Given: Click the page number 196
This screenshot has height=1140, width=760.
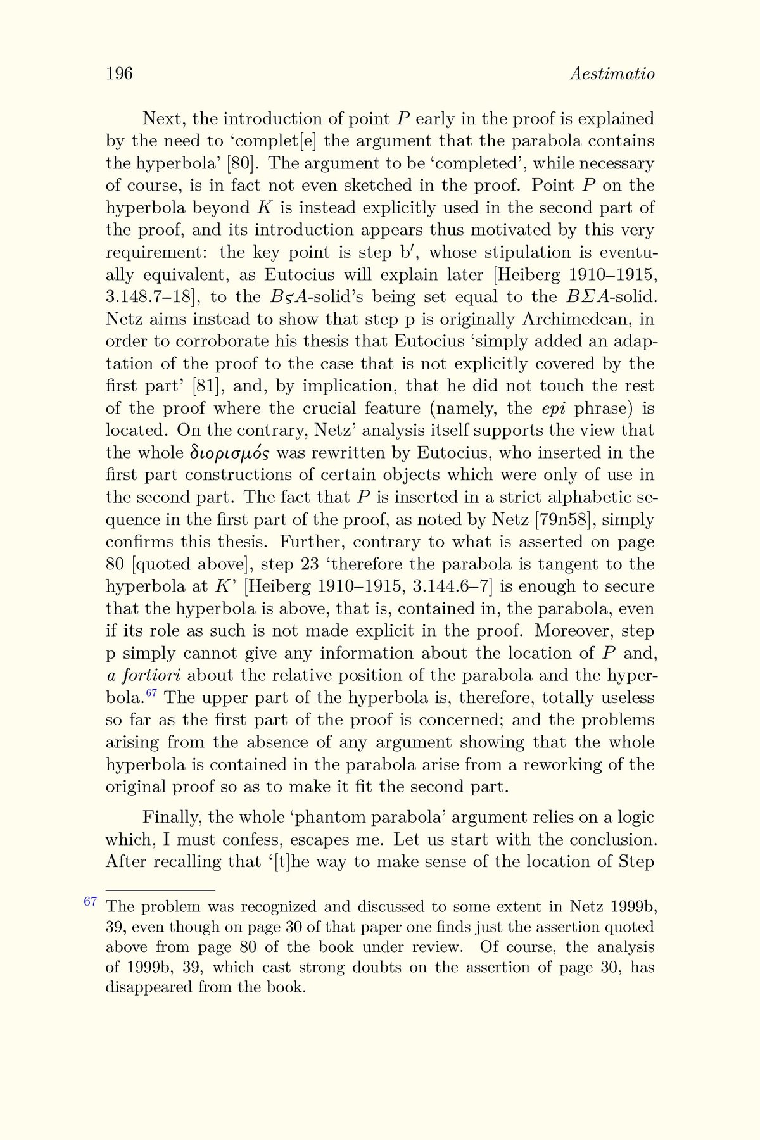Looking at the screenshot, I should point(119,74).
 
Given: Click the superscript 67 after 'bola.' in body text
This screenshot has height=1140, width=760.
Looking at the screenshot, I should point(151,693).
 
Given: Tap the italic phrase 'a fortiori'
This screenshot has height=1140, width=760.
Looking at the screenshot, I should point(144,675).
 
